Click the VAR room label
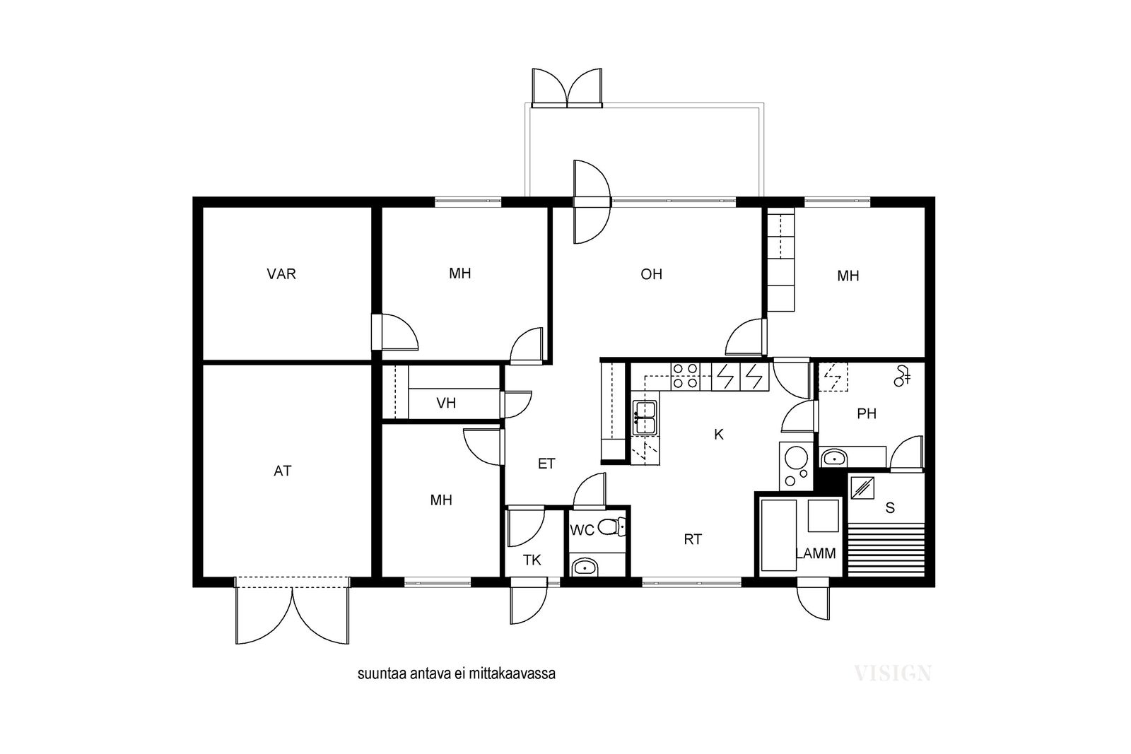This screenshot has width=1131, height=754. pos(281,274)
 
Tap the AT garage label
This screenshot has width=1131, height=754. pos(282,471)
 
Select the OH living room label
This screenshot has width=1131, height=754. pos(651,274)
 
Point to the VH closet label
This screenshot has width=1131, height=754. pos(446,403)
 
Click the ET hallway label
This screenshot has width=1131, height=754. pos(546,464)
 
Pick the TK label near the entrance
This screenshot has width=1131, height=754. pos(532,560)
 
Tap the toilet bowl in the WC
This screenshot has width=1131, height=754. pos(611,527)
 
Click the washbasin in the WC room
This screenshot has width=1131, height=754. pos(585,567)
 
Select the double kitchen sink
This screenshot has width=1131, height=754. pos(645,418)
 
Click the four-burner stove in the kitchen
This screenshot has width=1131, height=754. pos(685,376)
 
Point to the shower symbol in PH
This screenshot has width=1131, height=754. pos(902,377)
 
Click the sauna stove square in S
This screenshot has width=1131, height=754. pos(862,488)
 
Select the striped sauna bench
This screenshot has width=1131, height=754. pos(886,550)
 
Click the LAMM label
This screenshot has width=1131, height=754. pos(816,553)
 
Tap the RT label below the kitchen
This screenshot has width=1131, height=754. pos(693,539)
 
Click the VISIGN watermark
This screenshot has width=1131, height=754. pos(893,673)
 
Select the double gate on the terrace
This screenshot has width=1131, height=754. pos(567,88)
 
